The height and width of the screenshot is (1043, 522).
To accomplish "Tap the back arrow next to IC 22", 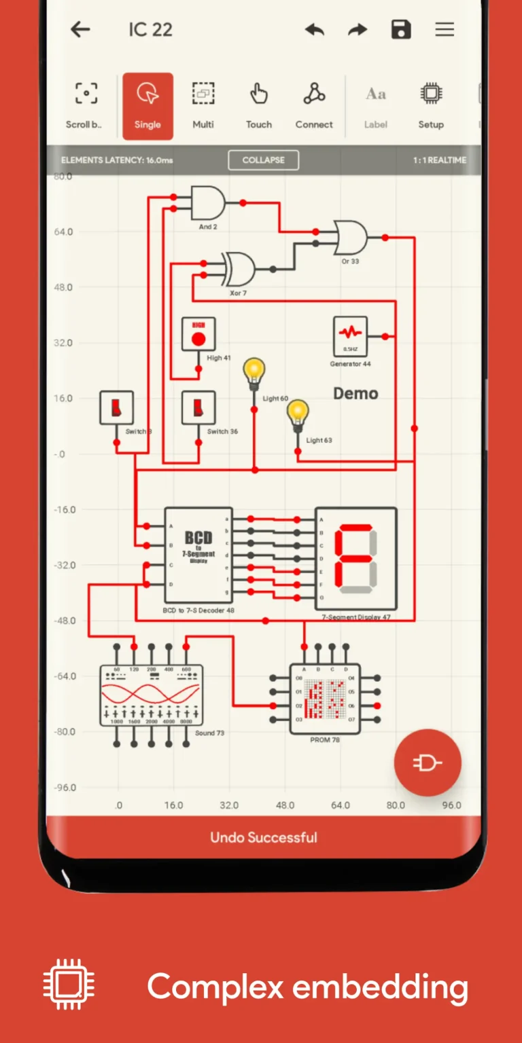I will point(81,29).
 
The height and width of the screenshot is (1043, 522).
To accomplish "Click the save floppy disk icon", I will point(401,29).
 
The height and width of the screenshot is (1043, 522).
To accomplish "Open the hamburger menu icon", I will point(445,29).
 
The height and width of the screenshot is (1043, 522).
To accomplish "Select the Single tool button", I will point(147,105).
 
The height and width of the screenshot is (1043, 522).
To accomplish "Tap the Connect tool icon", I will point(314,105).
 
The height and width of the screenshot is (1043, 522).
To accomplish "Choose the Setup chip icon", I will point(431,105).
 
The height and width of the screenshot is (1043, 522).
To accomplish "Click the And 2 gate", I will point(207,202).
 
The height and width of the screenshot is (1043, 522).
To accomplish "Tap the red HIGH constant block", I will point(198,334).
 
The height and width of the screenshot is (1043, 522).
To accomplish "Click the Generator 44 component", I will point(351,335).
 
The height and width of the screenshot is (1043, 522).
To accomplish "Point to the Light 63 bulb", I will point(297,416).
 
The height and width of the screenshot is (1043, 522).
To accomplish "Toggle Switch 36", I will point(198,407).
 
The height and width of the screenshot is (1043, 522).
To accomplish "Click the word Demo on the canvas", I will point(355,393).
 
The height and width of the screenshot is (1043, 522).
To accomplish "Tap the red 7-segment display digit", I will point(355,557).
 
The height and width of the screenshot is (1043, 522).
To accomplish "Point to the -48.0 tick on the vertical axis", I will point(65,621).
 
